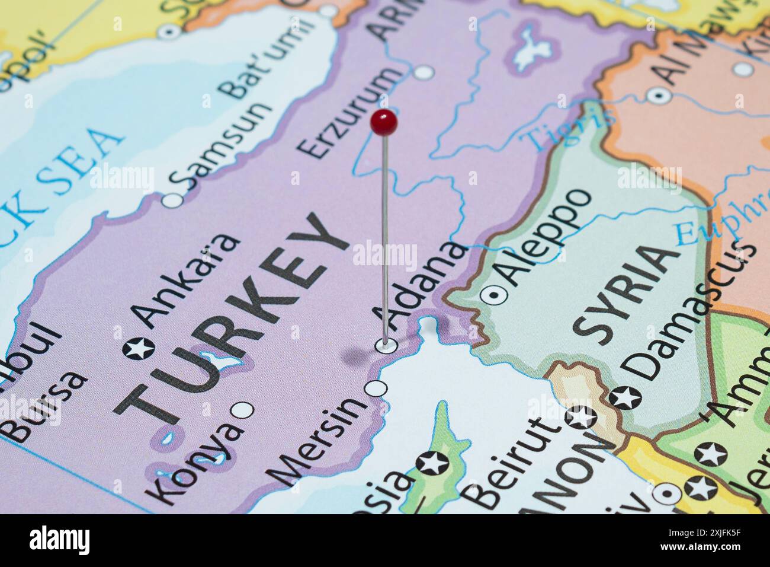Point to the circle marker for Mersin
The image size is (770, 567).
coord(377,389)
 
